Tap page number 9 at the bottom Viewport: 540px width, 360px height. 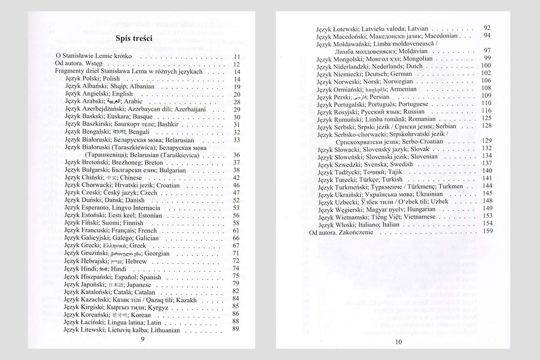coord(143,339)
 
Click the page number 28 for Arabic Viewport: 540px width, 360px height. coord(237,102)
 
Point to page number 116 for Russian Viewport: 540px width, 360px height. coord(486,112)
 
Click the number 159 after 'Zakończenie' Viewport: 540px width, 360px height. coord(487,232)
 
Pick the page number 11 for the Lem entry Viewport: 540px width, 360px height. coord(238,57)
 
